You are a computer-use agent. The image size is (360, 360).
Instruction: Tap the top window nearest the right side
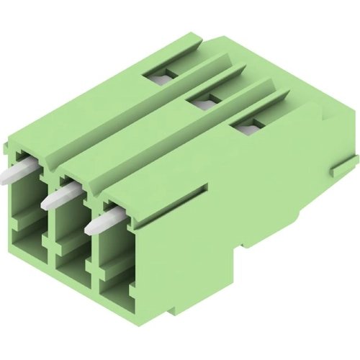[246, 126]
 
